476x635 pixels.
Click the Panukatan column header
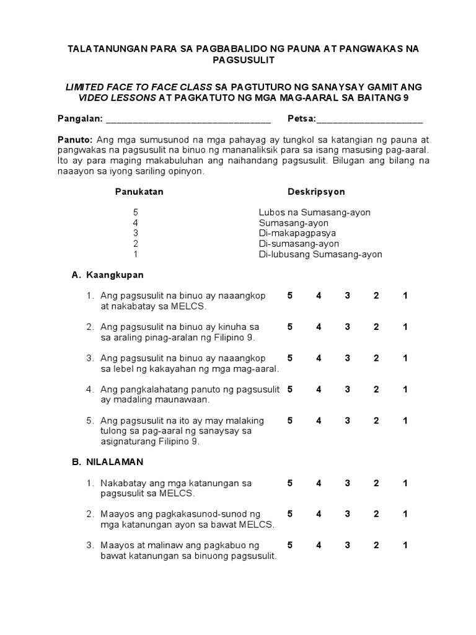139,192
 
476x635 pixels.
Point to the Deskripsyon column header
316,192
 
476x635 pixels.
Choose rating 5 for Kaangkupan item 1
290,296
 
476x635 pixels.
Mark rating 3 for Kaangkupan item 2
348,327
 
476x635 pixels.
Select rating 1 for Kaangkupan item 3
405,358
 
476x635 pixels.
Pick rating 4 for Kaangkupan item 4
319,389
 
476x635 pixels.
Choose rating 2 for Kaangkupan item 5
376,420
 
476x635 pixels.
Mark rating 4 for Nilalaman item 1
319,483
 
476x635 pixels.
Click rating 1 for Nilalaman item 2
405,514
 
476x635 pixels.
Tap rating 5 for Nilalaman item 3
290,545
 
